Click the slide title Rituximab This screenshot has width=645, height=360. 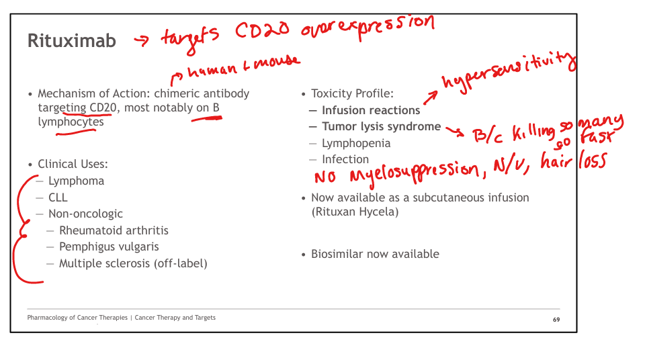[72, 41]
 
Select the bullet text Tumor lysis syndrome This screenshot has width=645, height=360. [382, 127]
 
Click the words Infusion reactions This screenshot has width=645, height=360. [371, 110]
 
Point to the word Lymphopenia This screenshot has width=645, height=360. [356, 143]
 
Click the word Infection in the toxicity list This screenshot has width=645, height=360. [345, 159]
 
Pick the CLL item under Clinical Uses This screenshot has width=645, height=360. [58, 197]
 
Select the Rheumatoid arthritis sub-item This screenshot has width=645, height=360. [114, 230]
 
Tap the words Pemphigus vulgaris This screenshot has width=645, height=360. [109, 247]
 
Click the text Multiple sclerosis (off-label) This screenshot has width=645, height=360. [133, 263]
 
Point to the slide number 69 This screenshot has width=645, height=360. [556, 320]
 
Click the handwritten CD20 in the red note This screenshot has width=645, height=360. [263, 31]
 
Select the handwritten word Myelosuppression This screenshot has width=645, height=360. [415, 173]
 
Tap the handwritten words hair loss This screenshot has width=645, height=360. [573, 160]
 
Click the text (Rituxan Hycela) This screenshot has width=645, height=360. [355, 212]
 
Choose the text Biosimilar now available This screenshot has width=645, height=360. [375, 254]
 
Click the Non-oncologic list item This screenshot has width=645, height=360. [85, 214]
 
